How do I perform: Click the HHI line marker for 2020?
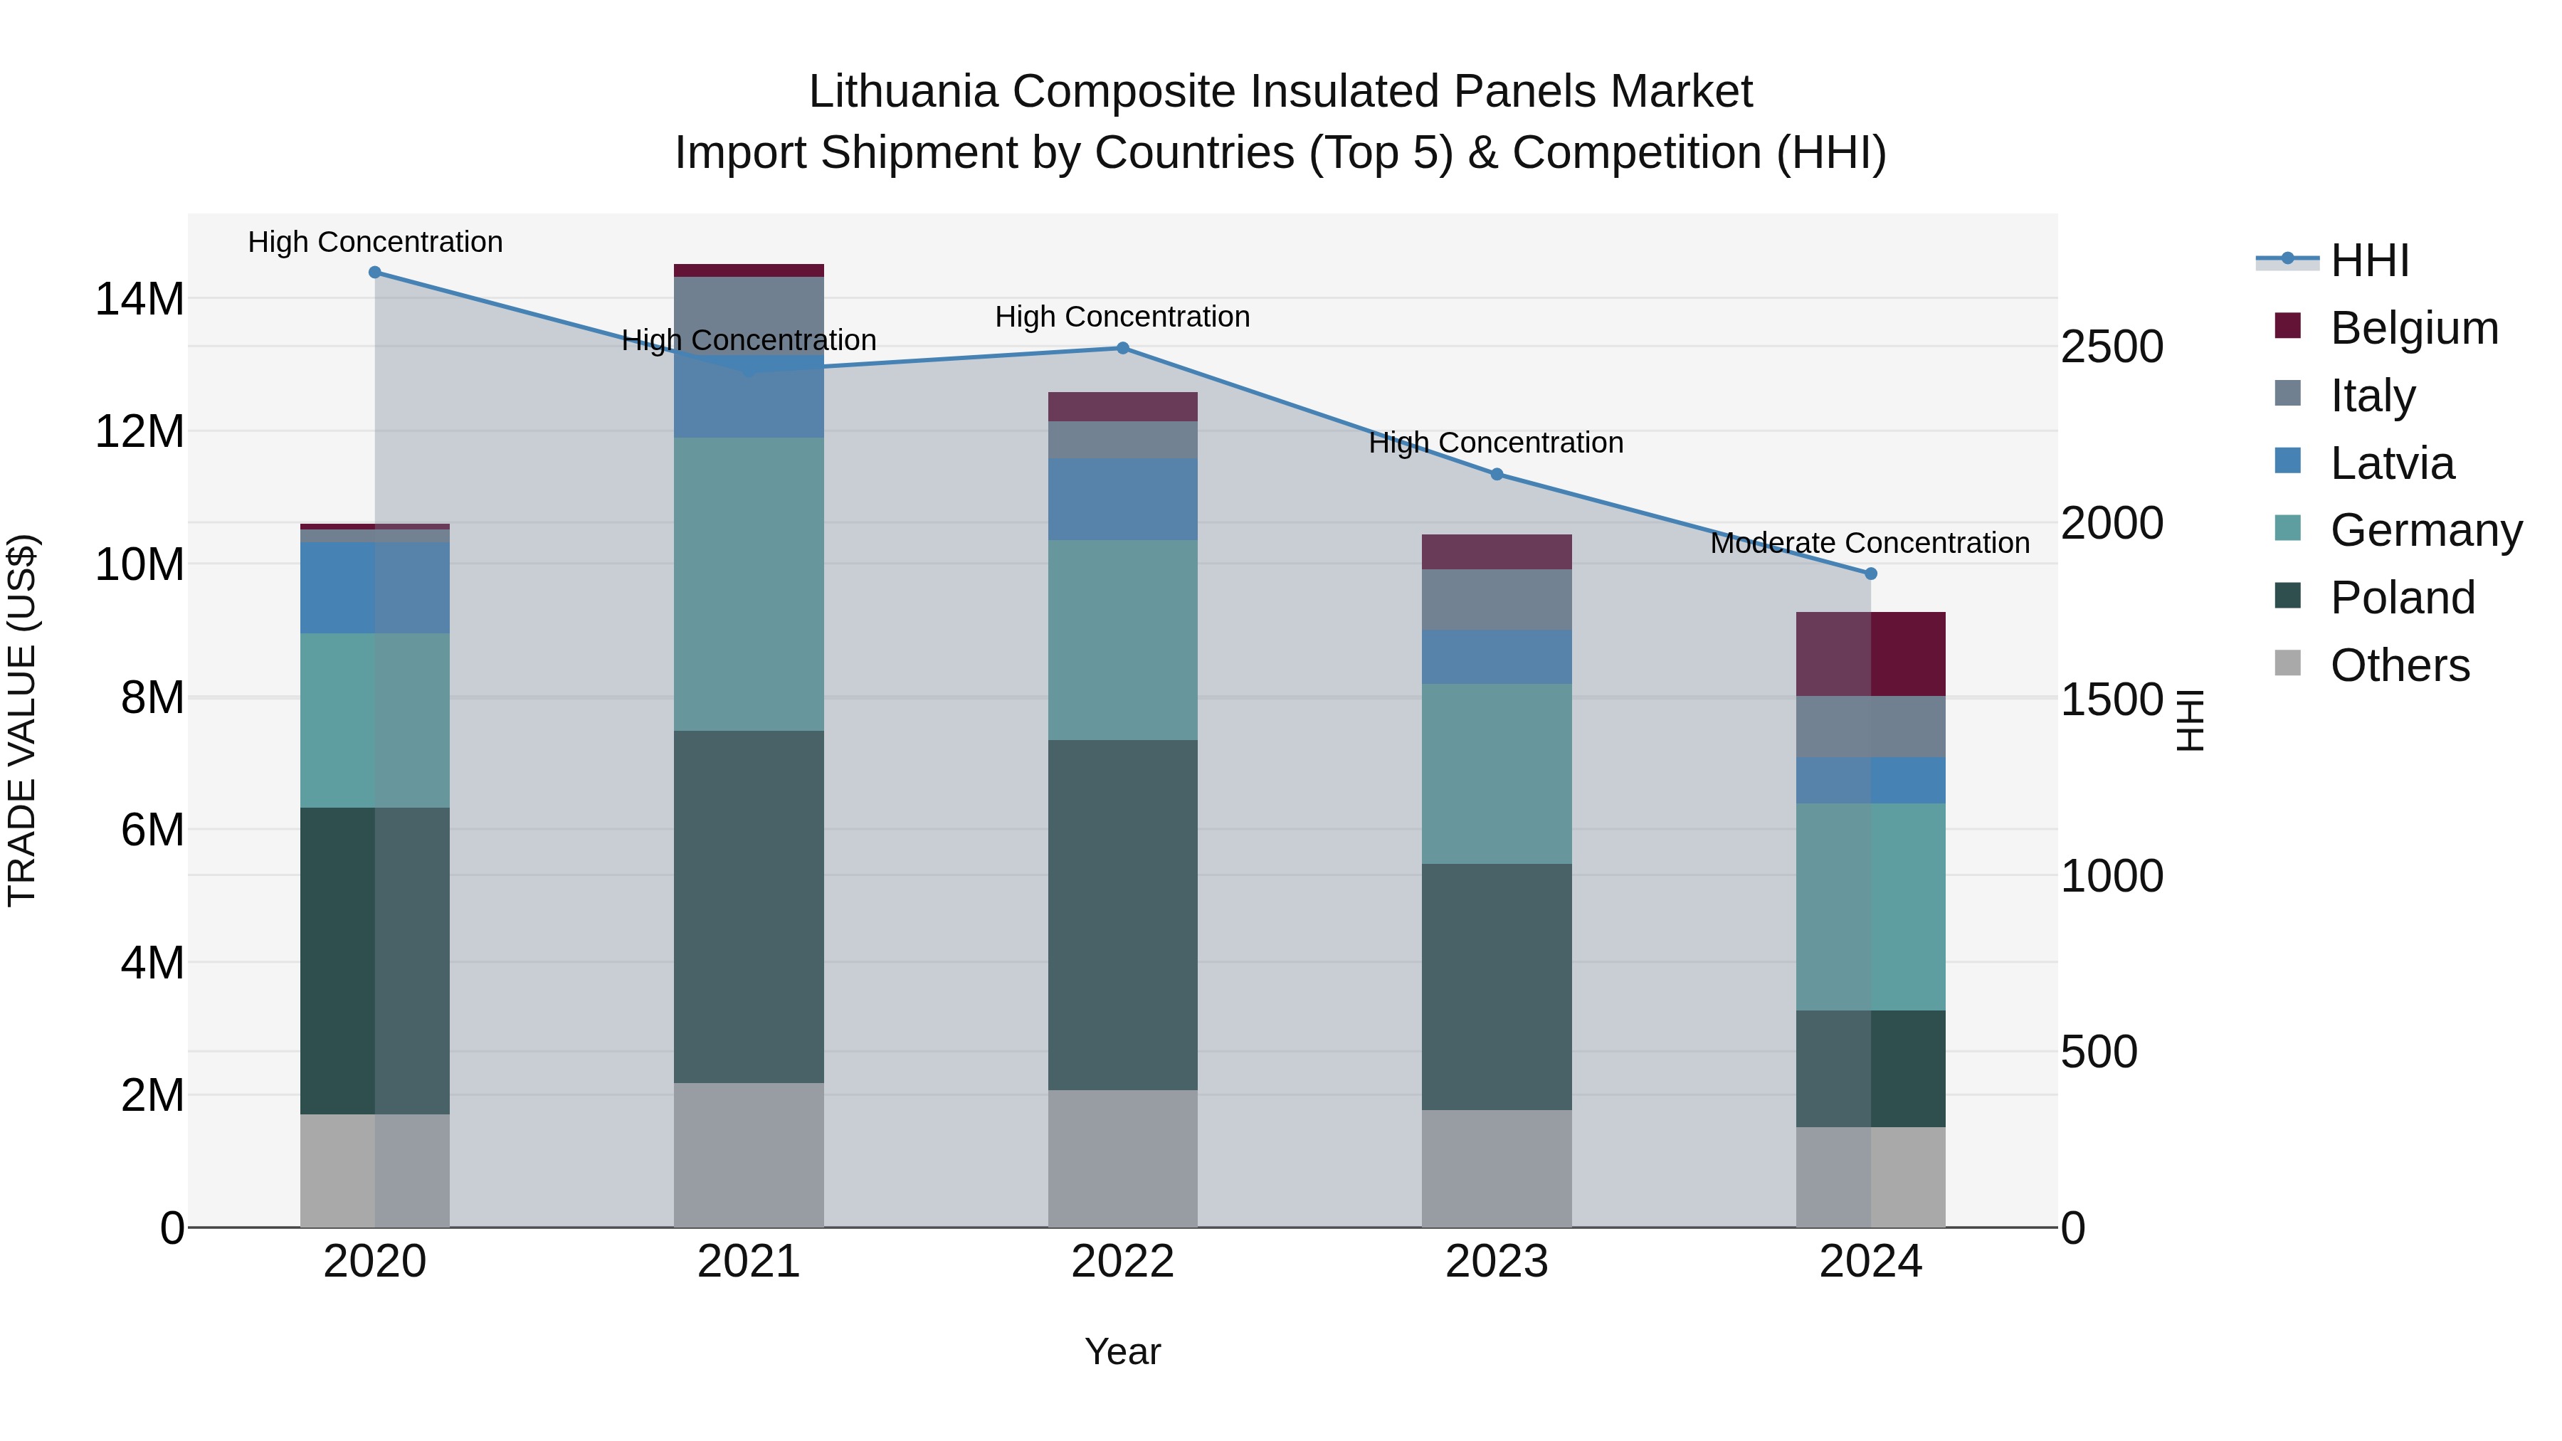coord(375,273)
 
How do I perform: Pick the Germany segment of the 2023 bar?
coord(1496,773)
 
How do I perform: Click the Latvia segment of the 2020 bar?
coord(375,588)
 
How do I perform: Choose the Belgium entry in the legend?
coord(2414,328)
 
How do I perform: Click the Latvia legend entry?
coord(2392,463)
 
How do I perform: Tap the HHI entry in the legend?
coord(2369,260)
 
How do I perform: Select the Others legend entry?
coord(2399,665)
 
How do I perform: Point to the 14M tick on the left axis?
coord(139,298)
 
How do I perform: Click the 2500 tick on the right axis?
coord(2112,347)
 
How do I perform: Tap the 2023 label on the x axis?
coord(1496,1262)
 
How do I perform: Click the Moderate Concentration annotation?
coord(1870,543)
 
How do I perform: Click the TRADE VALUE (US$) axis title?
coord(22,720)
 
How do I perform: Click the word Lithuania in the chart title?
coord(902,92)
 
